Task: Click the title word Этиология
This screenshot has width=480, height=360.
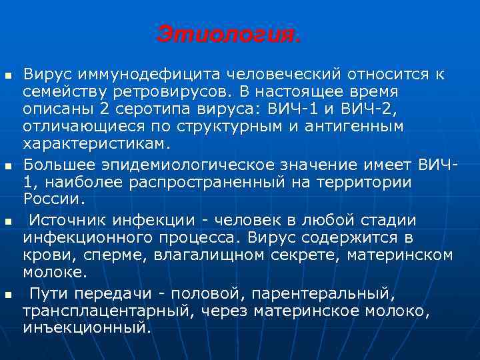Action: (x=229, y=34)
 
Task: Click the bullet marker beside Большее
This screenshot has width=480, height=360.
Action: (x=8, y=164)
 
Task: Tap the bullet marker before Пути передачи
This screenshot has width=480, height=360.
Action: (x=8, y=293)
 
